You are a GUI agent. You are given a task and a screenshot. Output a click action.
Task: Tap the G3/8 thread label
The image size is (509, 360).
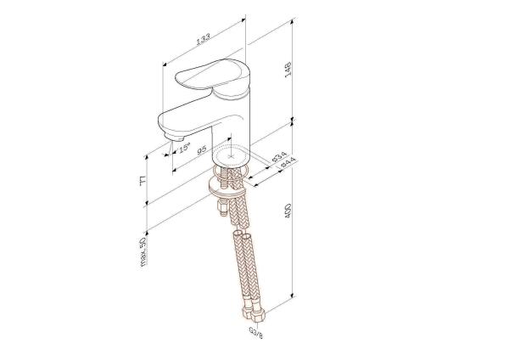255,329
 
